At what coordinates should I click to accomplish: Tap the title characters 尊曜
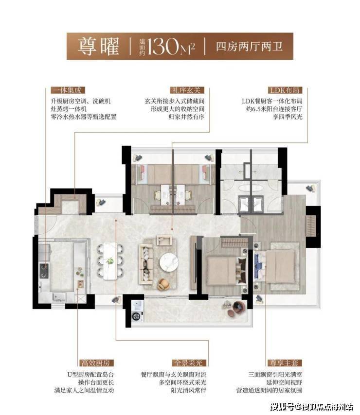click(98, 46)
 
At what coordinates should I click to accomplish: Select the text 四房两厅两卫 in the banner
click(249, 47)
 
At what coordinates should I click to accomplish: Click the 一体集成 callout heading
click(68, 90)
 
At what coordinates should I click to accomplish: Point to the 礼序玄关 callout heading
click(187, 90)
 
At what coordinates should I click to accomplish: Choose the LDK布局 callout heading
click(285, 90)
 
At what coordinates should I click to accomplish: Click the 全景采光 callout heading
click(189, 363)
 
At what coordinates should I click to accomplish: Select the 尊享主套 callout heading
click(285, 363)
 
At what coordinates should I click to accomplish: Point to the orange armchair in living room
click(163, 284)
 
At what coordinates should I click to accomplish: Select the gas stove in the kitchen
click(44, 271)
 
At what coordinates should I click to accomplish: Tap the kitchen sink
click(59, 297)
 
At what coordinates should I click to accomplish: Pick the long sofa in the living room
click(145, 264)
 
